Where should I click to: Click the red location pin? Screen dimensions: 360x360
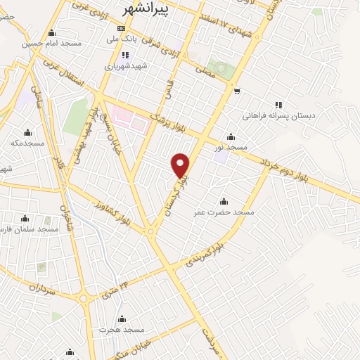181,165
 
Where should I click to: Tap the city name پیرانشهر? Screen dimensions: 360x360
146,9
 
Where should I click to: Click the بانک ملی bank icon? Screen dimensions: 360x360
119,28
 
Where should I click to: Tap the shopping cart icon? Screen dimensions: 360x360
238,91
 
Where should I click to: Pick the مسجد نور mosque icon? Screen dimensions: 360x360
231,137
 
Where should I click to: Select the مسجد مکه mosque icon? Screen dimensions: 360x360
27,132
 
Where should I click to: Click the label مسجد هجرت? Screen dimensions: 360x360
121,329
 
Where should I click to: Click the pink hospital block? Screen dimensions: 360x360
129,120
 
